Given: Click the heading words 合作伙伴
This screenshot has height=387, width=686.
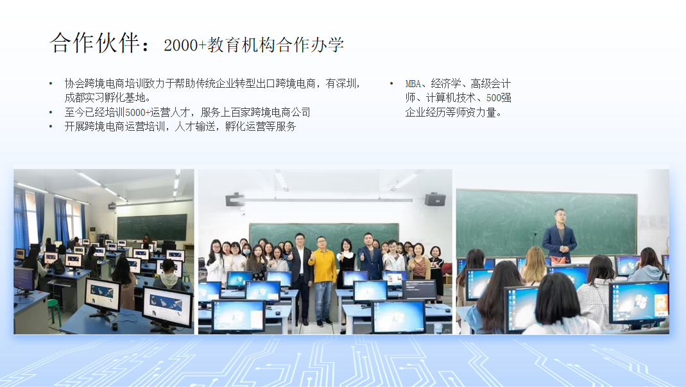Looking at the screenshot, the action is click(x=95, y=43).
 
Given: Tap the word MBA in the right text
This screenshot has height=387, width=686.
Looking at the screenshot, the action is click(x=413, y=84).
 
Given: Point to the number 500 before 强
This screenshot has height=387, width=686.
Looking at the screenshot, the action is click(x=493, y=98).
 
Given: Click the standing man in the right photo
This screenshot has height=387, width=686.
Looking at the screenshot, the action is click(x=559, y=236).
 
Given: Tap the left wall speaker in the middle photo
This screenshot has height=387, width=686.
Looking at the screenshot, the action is click(x=235, y=200).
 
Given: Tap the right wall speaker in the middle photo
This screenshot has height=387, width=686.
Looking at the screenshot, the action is click(x=435, y=199).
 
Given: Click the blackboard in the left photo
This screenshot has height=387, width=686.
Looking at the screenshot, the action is click(x=152, y=227).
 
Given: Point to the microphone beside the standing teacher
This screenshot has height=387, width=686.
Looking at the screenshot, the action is click(x=535, y=245).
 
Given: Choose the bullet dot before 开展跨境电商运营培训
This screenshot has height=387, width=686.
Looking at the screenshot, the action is click(x=51, y=127).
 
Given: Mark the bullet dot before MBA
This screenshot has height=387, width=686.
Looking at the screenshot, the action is click(x=391, y=83).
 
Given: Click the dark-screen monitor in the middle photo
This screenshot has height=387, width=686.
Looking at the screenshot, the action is click(x=420, y=290).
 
